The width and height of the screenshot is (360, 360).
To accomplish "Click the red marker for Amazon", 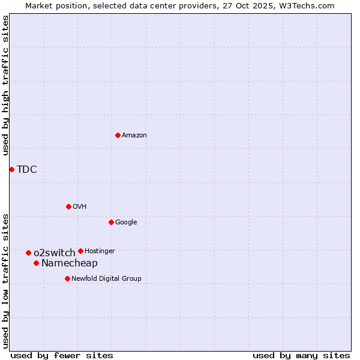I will pos(118,135).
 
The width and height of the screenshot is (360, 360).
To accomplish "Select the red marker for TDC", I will pos(11,169).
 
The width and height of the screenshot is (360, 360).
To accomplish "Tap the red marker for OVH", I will pos(68,206).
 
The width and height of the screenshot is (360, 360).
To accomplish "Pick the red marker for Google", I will pos(111,222).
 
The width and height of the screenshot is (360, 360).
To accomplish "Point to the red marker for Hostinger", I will pos(80,251).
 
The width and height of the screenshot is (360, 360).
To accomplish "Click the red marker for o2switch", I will pos(28,253).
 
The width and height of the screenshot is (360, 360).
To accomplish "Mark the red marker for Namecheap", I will pos(36,263).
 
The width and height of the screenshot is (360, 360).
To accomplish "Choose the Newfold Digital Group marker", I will pos(67,278).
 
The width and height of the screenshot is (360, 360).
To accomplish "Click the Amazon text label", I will pos(134,136).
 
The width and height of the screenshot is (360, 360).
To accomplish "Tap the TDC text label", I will pos(27,170).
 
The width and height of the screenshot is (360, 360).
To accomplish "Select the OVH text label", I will pos(79,207).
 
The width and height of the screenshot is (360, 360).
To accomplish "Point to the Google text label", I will pos(126,223).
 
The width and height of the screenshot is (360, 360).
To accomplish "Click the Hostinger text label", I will pos(100,251).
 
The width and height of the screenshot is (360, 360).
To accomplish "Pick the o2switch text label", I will pos(55,253).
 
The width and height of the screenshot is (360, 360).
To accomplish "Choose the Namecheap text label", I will pos(70,263).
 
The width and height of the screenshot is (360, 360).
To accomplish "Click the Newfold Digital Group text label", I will pos(106,278).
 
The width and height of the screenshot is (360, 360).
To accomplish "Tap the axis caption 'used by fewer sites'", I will pos(62,355).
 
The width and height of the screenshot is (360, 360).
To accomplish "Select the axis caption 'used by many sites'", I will pos(301,355).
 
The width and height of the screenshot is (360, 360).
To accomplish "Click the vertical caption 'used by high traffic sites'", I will pos(6,85).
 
